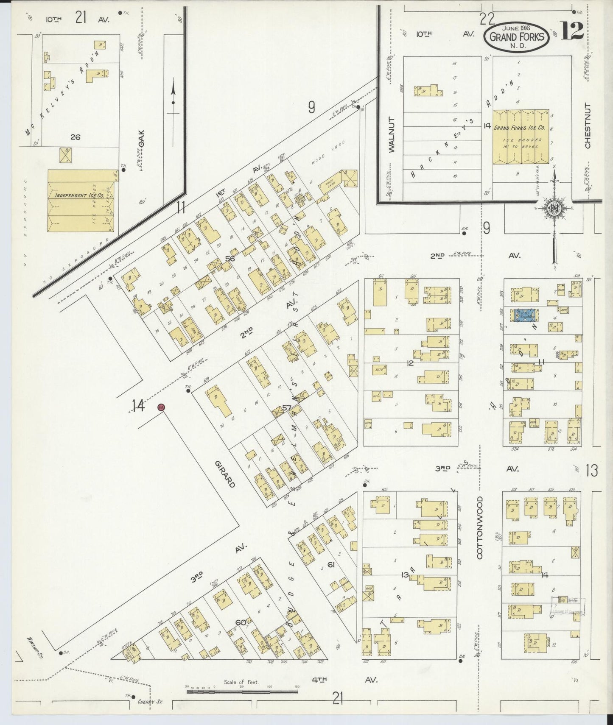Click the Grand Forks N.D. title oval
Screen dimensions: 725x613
pos(516,36)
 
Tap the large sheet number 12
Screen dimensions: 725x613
pos(572,30)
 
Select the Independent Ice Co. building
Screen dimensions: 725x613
pos(81,201)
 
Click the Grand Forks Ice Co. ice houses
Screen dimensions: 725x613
pos(521,137)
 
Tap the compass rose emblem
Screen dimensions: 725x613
pos(554,208)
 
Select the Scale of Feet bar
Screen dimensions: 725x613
pos(242,692)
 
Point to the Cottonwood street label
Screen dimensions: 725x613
pos(480,527)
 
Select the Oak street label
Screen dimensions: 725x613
pos(141,138)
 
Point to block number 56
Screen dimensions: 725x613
pos(230,258)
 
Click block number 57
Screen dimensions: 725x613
pos(287,408)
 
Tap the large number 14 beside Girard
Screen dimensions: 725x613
pos(138,406)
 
